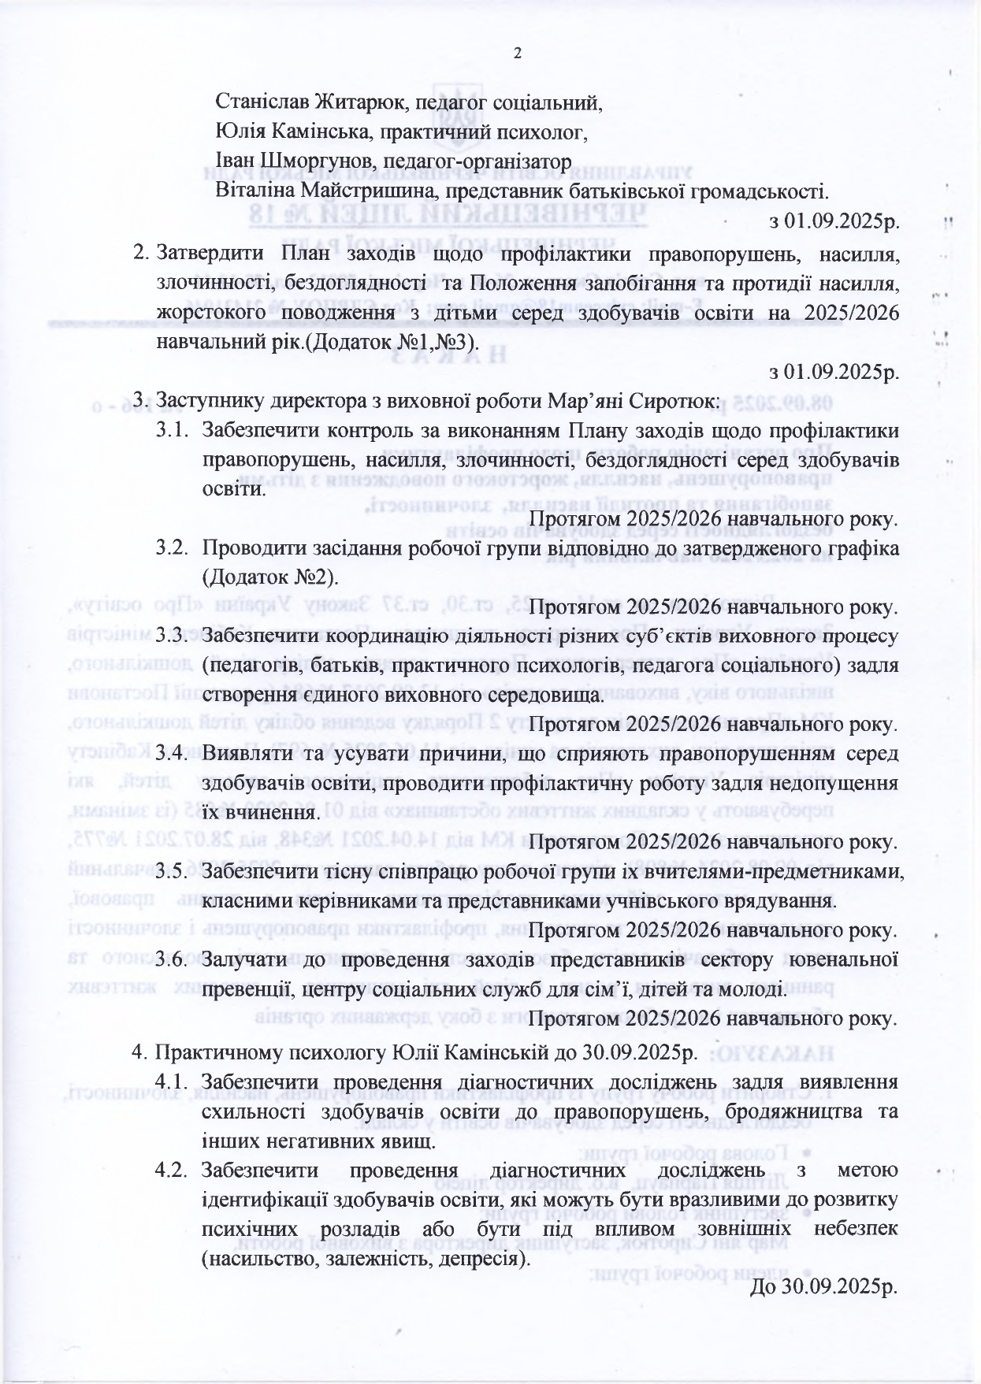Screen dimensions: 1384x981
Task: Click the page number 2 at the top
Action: [517, 54]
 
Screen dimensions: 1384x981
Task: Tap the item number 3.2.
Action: [174, 547]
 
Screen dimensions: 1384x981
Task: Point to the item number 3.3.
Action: [174, 636]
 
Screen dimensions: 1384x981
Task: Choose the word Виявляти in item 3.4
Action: [241, 754]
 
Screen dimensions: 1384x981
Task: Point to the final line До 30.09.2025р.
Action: [825, 1288]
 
